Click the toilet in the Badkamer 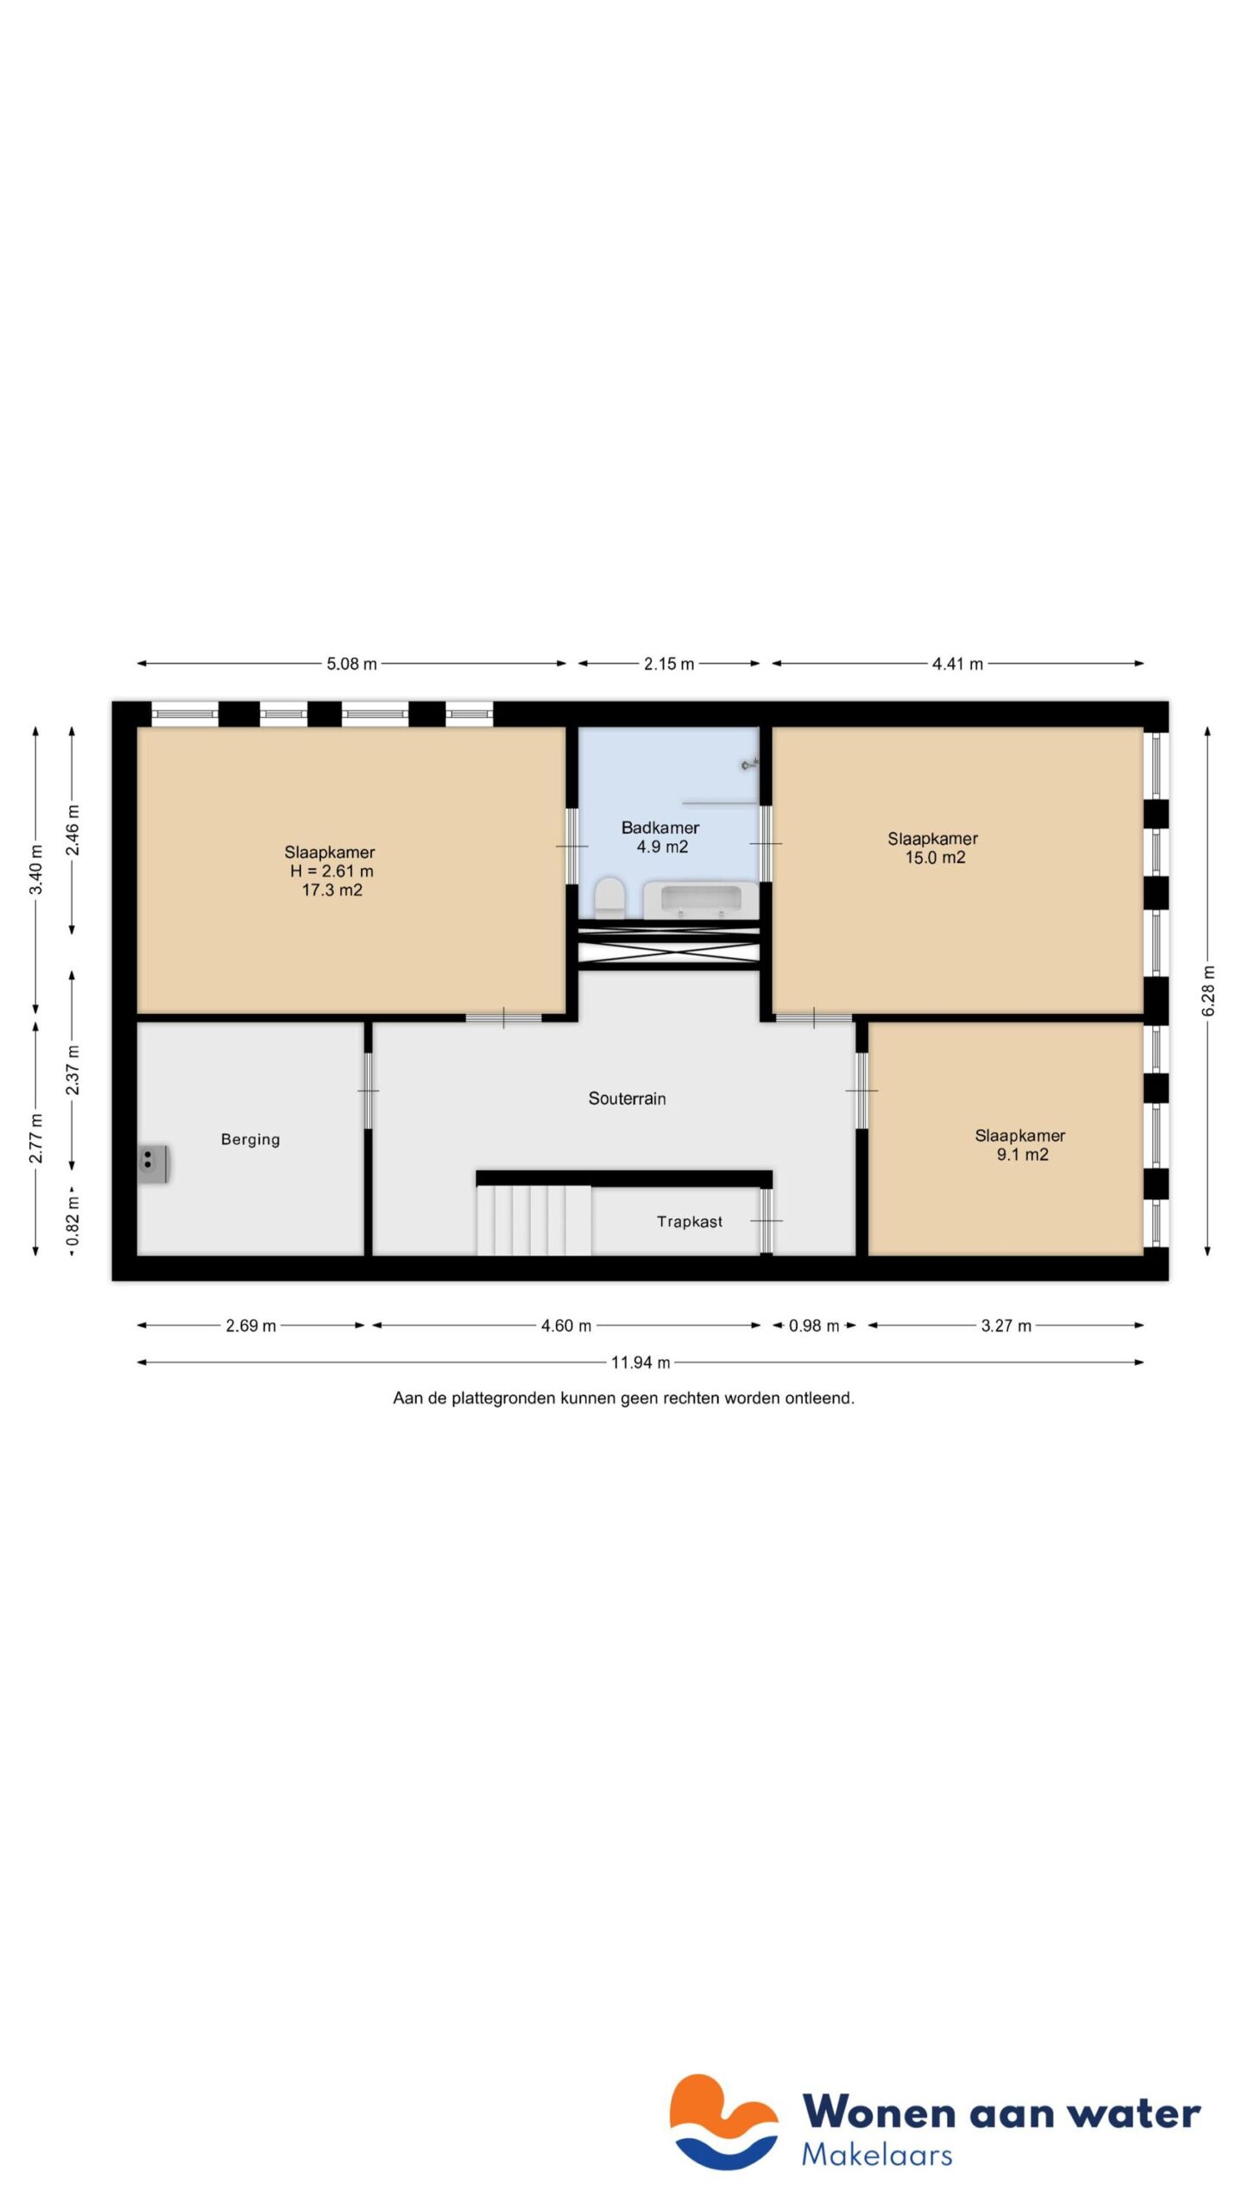coord(609,897)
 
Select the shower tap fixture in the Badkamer coord(749,764)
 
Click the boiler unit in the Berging coord(154,1163)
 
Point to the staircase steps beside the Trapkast coord(533,1220)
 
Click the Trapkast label coord(689,1221)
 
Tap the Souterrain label coord(627,1098)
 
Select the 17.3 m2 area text coord(331,890)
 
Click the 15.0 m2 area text coord(935,857)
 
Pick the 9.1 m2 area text coord(1022,1155)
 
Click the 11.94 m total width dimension coord(640,1363)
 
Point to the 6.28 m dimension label coord(1208,991)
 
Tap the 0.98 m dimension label coord(813,1325)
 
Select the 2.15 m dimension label coord(669,664)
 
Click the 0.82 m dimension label coord(73,1221)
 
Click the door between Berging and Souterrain coord(368,1091)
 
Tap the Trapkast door coord(766,1221)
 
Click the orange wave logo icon coord(723,2121)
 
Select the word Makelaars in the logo coord(876,2155)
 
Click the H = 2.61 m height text coord(331,871)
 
